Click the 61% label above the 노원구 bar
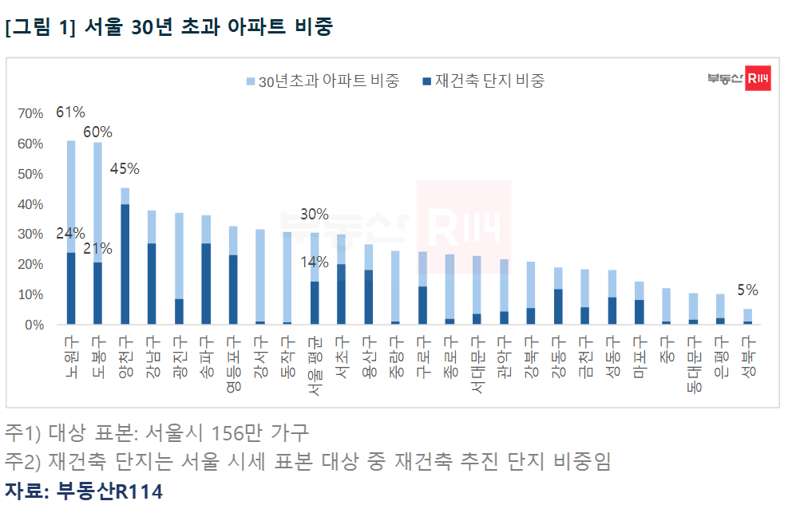point(70,112)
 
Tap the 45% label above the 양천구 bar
point(125,169)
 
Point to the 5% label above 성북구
point(747,290)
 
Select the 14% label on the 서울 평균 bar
point(315,262)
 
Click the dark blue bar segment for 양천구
point(125,264)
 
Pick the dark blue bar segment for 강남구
point(152,283)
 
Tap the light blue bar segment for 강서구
point(260,274)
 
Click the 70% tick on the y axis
point(30,114)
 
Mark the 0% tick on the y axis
point(34,325)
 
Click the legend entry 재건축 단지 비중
point(483,81)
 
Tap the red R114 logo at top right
point(757,78)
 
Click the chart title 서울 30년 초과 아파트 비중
point(168,26)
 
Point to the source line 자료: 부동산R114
point(84,491)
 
